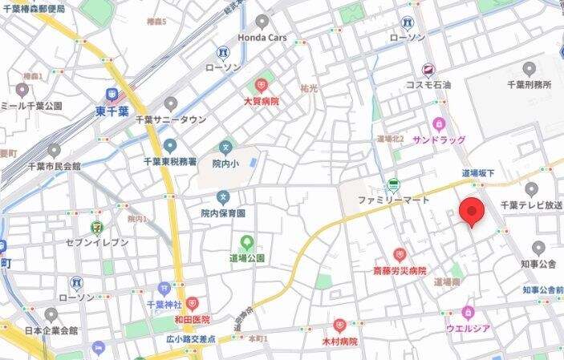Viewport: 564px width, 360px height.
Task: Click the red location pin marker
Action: (473, 211)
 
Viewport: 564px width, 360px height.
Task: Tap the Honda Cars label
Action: (262, 38)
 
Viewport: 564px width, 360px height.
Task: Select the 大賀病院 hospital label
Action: (262, 102)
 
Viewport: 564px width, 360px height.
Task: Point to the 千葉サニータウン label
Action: (170, 119)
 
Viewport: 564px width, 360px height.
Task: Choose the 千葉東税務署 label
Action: (170, 161)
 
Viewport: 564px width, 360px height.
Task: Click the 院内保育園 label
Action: (223, 213)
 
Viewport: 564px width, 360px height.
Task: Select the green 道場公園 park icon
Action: (247, 241)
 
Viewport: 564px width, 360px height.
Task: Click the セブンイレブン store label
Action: (97, 242)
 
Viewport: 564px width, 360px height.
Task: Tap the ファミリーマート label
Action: (393, 200)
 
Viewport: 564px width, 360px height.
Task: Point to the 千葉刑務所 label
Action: (529, 85)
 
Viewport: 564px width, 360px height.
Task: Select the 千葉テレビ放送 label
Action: (531, 205)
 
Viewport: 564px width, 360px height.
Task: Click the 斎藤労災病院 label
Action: (399, 271)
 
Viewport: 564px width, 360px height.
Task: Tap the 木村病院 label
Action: (339, 341)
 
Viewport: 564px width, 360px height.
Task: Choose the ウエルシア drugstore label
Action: (469, 327)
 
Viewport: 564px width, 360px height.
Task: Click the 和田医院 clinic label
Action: (192, 318)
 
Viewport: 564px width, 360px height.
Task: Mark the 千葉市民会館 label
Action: (53, 166)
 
